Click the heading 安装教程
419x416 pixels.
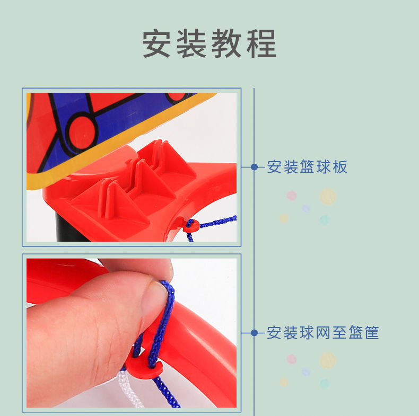click(x=209, y=43)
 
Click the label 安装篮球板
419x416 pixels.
click(x=307, y=167)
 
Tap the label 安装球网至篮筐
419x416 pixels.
click(x=323, y=333)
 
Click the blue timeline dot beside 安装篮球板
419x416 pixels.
click(x=254, y=167)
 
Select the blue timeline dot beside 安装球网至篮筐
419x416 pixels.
click(x=254, y=333)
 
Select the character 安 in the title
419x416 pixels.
click(x=156, y=43)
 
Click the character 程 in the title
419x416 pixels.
click(x=261, y=43)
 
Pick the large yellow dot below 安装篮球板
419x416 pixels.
click(x=328, y=197)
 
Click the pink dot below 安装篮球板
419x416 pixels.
click(x=292, y=196)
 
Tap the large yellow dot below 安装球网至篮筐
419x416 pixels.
click(x=328, y=360)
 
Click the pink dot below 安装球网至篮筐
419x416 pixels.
click(x=292, y=359)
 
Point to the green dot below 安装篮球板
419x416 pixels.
click(x=325, y=220)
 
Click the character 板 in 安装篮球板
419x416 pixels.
click(x=340, y=167)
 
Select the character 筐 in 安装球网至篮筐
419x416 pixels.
click(x=372, y=333)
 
